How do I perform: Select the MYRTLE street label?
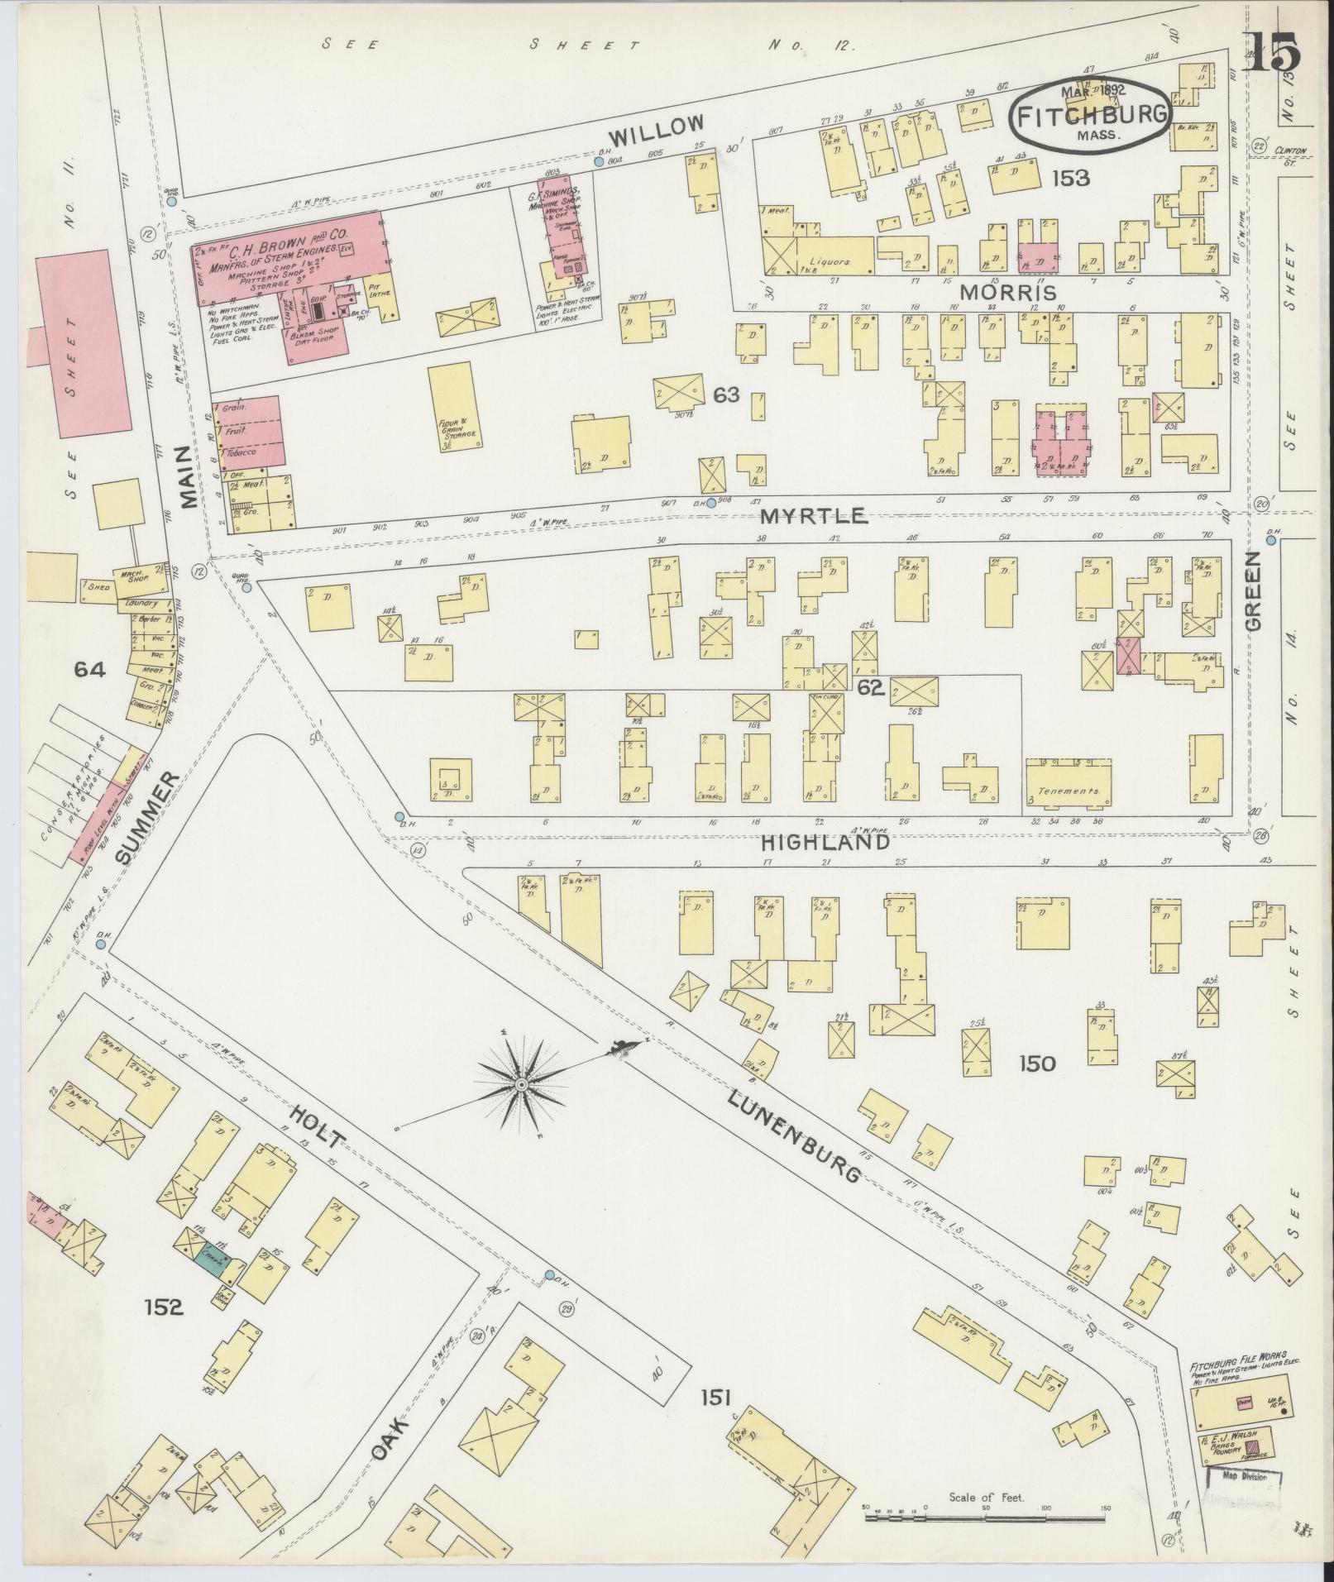(x=814, y=516)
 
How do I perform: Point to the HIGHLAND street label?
(x=825, y=842)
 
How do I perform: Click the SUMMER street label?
(x=146, y=818)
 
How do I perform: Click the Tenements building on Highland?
(x=1069, y=781)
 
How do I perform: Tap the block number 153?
(x=1071, y=177)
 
